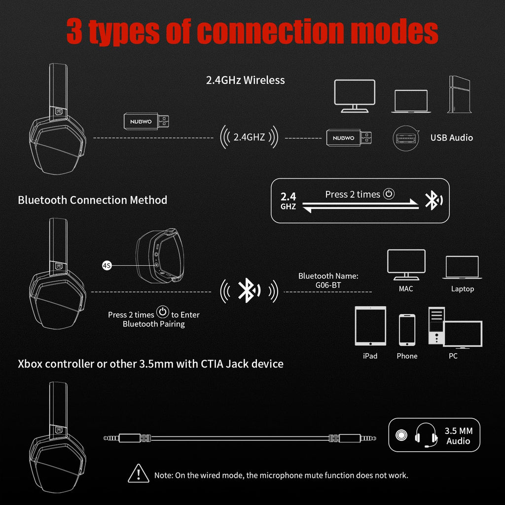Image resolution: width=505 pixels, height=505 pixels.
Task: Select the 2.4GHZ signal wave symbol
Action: point(249,138)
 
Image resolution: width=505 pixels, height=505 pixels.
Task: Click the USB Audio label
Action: point(451,138)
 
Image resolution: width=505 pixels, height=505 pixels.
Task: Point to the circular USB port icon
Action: point(405,139)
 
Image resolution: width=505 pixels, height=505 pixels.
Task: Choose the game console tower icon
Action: point(457,95)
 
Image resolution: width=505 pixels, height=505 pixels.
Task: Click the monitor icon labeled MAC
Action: point(406,264)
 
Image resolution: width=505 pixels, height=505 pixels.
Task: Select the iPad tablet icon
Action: point(370,326)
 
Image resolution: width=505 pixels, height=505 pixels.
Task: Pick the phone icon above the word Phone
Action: point(407,330)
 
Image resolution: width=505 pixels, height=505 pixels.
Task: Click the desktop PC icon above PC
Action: point(454,327)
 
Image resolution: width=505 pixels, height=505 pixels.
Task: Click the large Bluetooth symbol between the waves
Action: point(246,291)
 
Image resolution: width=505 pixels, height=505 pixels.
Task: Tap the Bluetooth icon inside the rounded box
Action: point(433,200)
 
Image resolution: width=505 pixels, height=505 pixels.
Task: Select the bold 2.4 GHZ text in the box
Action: point(288,201)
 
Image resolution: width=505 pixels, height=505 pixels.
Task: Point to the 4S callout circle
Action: point(107,265)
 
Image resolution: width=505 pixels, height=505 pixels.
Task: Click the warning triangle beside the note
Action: point(139,474)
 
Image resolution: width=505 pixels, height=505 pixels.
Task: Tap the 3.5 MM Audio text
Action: point(458,436)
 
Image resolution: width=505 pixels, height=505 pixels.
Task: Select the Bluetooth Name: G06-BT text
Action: point(328,280)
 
